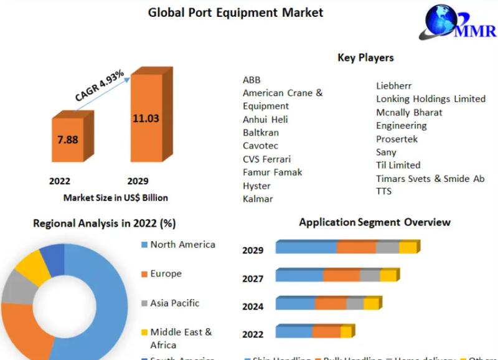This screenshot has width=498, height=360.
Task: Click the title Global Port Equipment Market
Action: point(235,12)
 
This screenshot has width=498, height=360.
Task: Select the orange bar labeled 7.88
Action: point(68,140)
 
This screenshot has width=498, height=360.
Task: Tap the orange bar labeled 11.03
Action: point(146,118)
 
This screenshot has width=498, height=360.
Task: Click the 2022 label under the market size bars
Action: point(60,181)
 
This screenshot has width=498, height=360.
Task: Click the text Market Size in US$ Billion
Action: point(116,197)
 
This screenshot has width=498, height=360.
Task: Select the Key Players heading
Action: point(365,57)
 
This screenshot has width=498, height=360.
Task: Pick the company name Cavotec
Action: point(261,146)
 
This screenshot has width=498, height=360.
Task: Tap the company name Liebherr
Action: point(394,85)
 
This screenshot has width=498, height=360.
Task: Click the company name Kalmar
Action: point(258,199)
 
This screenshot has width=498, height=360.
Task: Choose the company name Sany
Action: point(386,152)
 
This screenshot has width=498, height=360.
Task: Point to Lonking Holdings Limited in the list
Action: point(431,98)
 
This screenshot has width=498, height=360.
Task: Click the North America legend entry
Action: point(182,244)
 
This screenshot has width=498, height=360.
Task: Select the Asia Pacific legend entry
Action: point(174,303)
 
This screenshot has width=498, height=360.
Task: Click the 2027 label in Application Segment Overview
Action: point(253,278)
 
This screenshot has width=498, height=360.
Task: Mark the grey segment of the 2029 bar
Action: point(387,247)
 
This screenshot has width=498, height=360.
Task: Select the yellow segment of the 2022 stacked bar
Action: point(346,331)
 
